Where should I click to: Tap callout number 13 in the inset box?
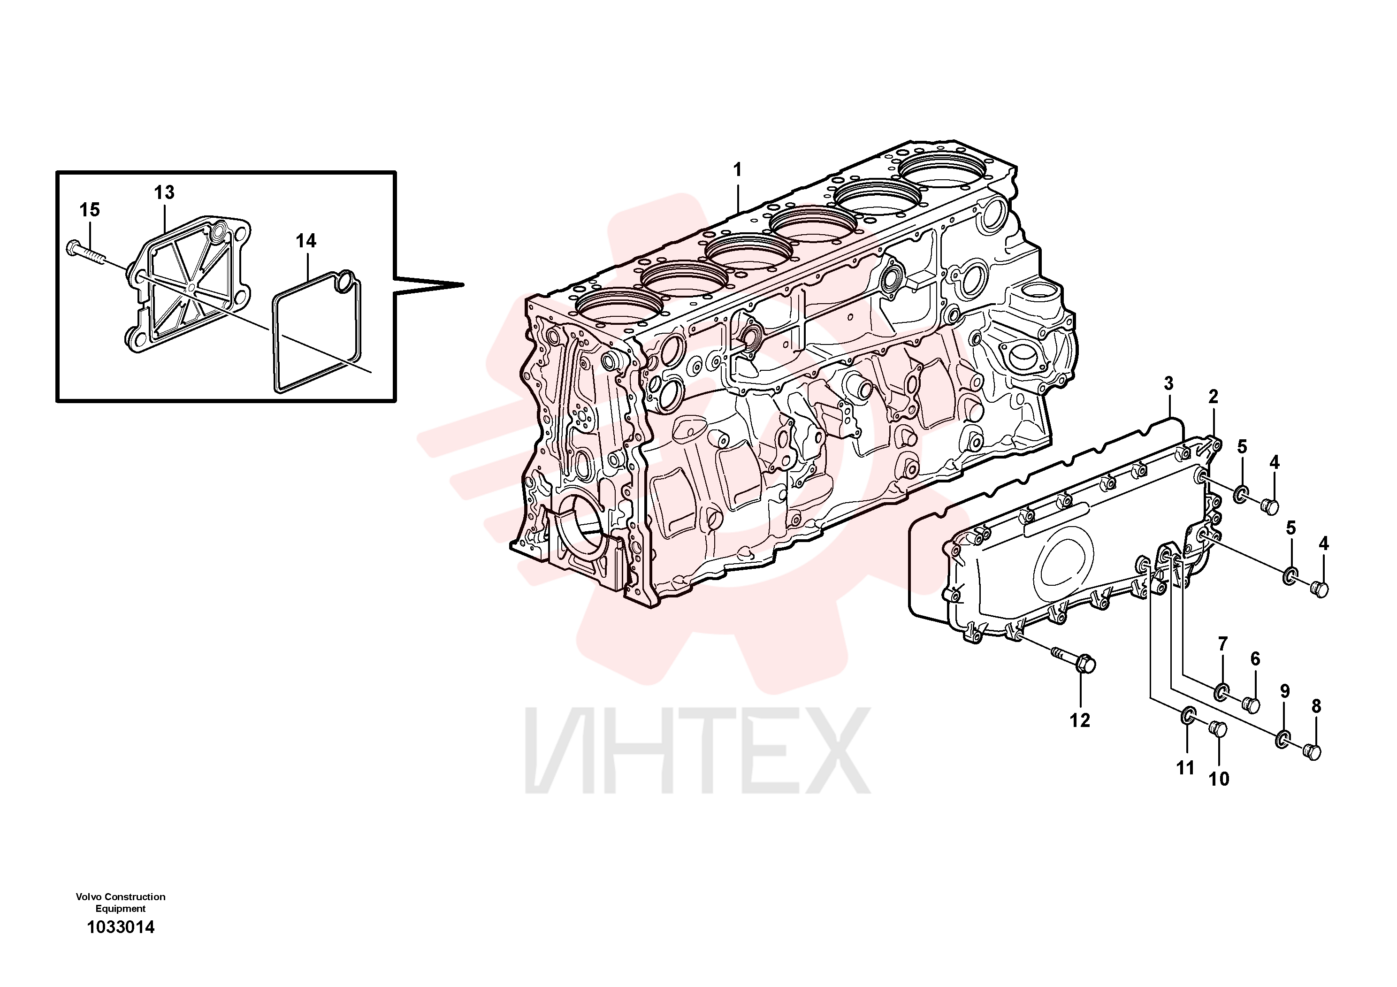point(164,192)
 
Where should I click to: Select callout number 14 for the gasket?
point(306,241)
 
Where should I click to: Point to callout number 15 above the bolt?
point(90,210)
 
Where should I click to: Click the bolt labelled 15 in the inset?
point(86,252)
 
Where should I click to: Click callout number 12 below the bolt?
point(1080,720)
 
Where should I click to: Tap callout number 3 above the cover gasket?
point(1168,383)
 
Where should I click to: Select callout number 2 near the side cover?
point(1213,397)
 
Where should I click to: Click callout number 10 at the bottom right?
point(1219,779)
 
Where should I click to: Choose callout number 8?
point(1316,706)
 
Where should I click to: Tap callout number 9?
point(1284,691)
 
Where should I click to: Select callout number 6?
point(1255,658)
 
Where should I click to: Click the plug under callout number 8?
point(1313,752)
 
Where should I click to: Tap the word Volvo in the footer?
point(89,897)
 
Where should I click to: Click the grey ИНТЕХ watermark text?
point(698,750)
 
